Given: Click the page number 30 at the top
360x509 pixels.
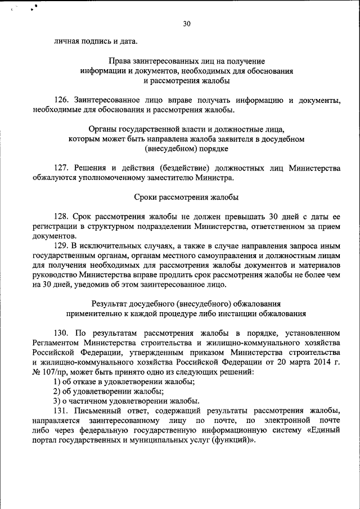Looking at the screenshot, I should [187, 24].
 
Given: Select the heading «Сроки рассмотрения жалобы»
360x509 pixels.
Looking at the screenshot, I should [186, 197].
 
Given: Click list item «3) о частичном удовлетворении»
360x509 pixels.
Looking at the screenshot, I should [126, 401].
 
